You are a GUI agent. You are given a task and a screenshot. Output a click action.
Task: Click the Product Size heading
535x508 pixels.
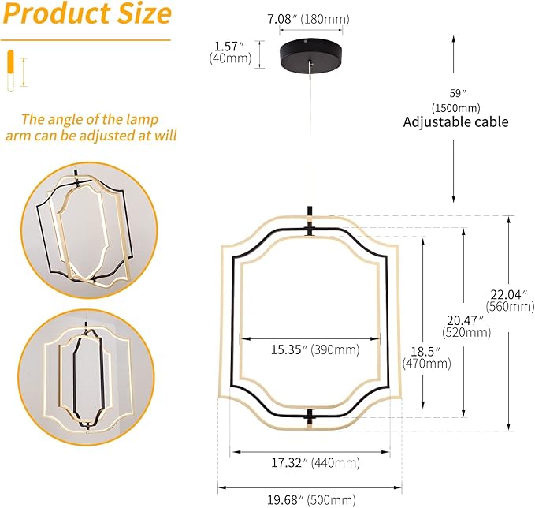pyautogui.click(x=87, y=15)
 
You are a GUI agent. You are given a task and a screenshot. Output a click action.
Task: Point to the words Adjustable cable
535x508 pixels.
pyautogui.click(x=455, y=121)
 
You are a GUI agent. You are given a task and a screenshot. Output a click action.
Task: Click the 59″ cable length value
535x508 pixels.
pyautogui.click(x=455, y=92)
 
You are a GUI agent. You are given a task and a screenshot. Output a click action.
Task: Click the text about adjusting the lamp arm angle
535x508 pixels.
pyautogui.click(x=90, y=127)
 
